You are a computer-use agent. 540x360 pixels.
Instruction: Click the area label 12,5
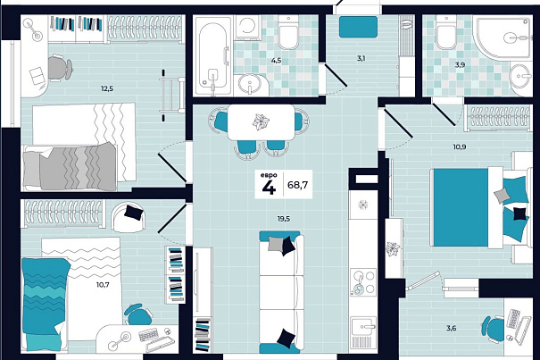click(107, 89)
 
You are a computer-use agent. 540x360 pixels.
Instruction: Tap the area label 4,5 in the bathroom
click(276, 61)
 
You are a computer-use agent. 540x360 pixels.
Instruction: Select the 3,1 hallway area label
click(361, 58)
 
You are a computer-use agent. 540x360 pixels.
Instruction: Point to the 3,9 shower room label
click(460, 64)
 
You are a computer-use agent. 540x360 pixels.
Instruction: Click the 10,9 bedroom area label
click(460, 147)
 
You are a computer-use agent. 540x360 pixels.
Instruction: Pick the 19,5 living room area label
click(283, 218)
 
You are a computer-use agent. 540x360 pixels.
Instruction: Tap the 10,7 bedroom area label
click(103, 284)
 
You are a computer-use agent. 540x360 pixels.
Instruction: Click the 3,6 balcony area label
click(451, 328)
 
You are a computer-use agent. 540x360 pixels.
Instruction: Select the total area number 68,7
click(297, 185)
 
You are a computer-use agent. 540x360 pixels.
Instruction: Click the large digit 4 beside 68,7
click(269, 188)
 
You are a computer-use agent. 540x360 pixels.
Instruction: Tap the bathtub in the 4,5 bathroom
click(212, 56)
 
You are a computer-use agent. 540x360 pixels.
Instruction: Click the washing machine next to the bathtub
click(245, 27)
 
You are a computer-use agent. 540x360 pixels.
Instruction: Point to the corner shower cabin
click(504, 38)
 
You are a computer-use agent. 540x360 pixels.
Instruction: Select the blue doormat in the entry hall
click(358, 27)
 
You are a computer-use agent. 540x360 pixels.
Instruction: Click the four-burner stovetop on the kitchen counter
click(362, 282)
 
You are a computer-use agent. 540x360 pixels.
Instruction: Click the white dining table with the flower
click(262, 122)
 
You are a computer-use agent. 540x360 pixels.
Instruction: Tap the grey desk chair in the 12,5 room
click(59, 68)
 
